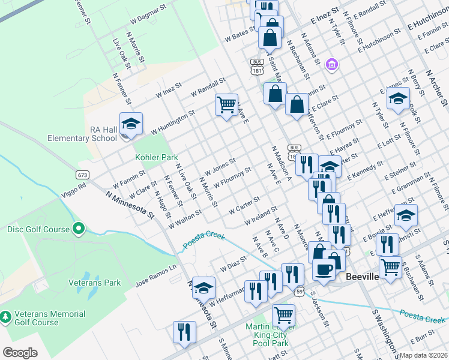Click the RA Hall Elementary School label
(82, 134)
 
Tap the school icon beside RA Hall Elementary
(131, 124)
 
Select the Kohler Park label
(156, 157)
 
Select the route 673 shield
(83, 175)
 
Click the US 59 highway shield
(299, 291)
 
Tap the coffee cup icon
(324, 269)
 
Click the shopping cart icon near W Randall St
(226, 105)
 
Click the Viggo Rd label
(73, 186)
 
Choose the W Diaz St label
(234, 263)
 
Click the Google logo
(20, 352)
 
